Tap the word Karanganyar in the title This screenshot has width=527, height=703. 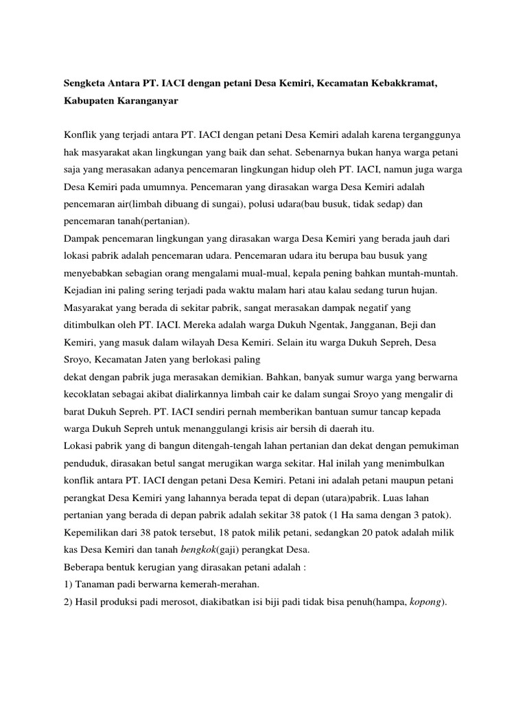pyautogui.click(x=150, y=101)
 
